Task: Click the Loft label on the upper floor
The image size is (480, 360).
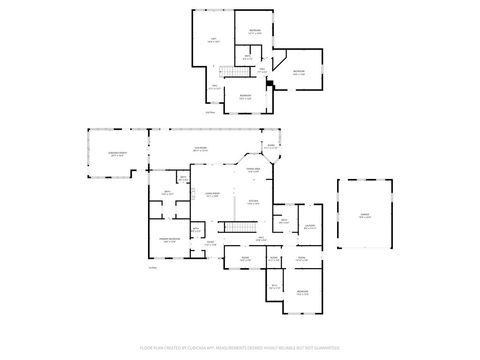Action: tap(213, 40)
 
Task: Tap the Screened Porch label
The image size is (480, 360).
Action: tap(117, 154)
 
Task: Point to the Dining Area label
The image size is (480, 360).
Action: tap(254, 171)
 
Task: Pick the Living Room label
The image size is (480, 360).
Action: tap(211, 195)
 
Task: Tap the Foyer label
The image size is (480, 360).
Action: tap(210, 244)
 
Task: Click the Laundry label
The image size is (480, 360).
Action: tap(311, 225)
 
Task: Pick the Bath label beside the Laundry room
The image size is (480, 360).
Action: tap(285, 220)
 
